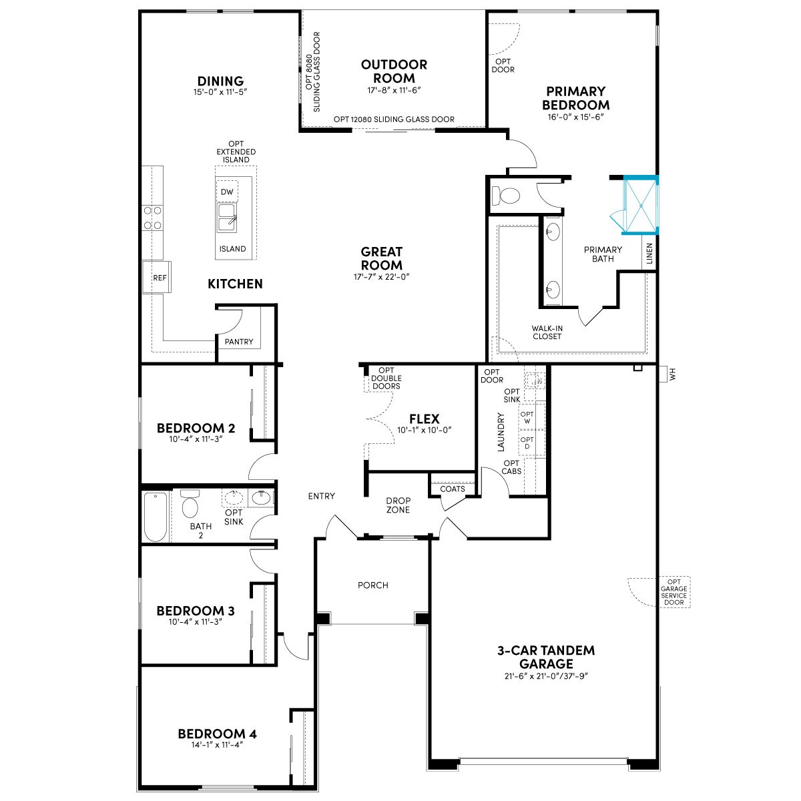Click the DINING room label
click(220, 81)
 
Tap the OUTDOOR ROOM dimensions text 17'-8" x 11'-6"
click(394, 90)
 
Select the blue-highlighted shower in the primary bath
click(640, 206)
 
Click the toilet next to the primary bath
click(506, 196)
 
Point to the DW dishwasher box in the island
click(227, 192)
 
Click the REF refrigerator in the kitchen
click(157, 277)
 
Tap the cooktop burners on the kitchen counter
click(152, 218)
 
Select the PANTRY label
click(238, 342)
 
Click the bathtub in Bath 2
click(156, 516)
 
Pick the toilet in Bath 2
click(190, 503)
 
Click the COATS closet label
click(453, 489)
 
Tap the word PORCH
click(373, 585)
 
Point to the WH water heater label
click(673, 374)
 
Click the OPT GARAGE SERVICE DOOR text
click(674, 592)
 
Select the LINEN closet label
click(649, 254)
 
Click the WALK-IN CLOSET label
click(547, 332)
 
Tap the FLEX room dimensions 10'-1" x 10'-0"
click(425, 431)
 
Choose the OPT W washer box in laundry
click(527, 417)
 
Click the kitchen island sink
click(227, 218)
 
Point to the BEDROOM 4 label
click(217, 734)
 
